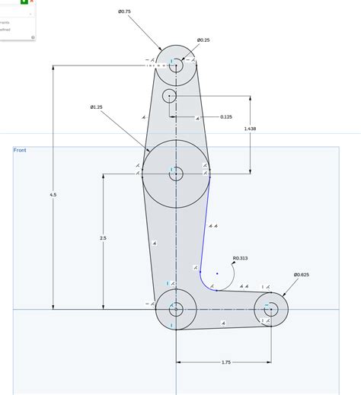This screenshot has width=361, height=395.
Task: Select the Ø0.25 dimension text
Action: tap(203, 40)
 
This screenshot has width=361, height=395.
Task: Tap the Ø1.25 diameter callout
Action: tap(97, 107)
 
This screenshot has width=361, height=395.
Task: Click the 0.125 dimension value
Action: tap(226, 117)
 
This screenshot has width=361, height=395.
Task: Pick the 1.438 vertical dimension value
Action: tap(250, 129)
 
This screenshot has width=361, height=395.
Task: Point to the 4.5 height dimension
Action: tap(53, 195)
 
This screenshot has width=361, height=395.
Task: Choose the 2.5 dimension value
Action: tap(103, 238)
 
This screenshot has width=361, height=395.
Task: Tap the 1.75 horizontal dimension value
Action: tap(225, 362)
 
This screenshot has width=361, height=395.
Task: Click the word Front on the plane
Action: tap(20, 151)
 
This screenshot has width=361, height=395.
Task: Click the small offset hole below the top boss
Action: tap(169, 95)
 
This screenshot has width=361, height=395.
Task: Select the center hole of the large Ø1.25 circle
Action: tap(176, 174)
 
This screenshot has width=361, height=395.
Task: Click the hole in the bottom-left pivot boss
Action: tap(176, 310)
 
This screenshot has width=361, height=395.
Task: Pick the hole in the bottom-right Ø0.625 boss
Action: tap(270, 309)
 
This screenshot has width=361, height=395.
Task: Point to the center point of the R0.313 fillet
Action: tap(217, 273)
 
